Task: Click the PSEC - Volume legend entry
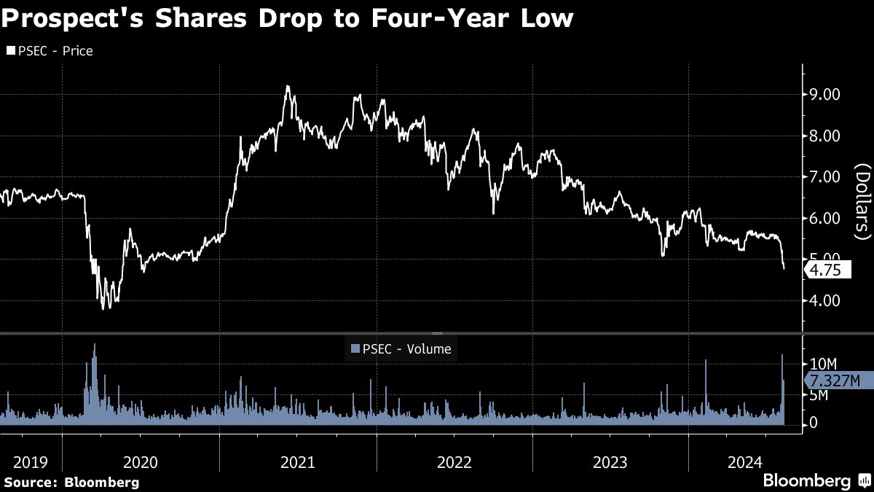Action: tap(401, 349)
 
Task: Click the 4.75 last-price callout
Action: tap(826, 270)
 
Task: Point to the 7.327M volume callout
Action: tap(837, 380)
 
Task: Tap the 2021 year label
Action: tap(297, 462)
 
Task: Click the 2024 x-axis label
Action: tap(746, 462)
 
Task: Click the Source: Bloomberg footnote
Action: tap(71, 482)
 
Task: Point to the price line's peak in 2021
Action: tap(288, 86)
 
